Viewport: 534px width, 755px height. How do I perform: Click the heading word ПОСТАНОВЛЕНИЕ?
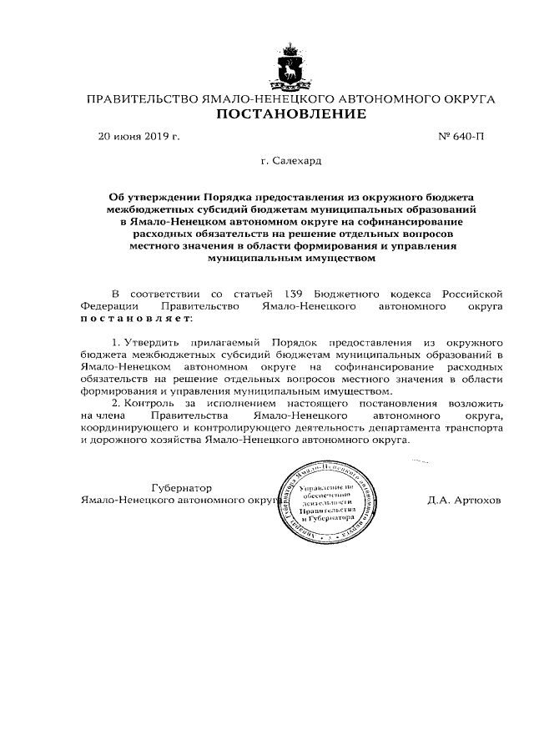coord(291,114)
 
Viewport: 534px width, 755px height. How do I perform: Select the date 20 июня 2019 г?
coord(139,135)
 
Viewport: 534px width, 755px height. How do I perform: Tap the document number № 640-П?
coord(461,135)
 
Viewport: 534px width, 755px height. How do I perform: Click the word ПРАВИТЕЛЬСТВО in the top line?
coord(138,99)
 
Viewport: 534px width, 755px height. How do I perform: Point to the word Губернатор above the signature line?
coord(182,487)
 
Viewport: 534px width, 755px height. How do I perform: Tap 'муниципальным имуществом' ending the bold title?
coord(291,258)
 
